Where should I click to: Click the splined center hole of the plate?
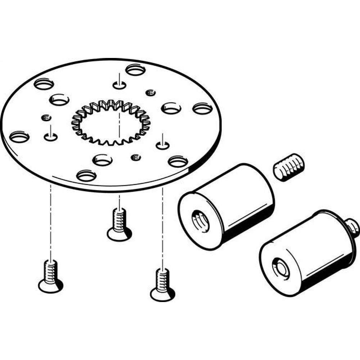click(x=111, y=122)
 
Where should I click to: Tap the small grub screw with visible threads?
click(x=288, y=168)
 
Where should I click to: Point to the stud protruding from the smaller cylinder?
click(x=353, y=225)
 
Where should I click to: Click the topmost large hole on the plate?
click(x=136, y=69)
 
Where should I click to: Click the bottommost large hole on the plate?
click(x=86, y=176)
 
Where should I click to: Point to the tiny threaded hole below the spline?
click(x=135, y=157)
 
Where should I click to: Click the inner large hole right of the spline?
click(x=170, y=107)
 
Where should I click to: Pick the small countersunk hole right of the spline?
click(x=162, y=144)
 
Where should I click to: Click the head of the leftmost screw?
click(x=51, y=286)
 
